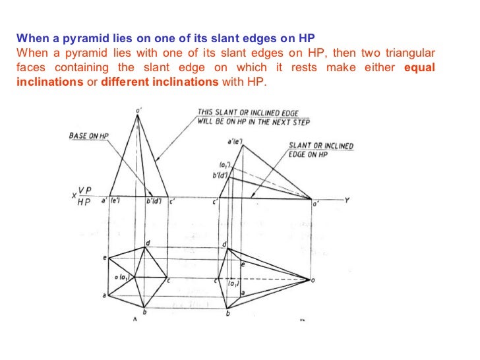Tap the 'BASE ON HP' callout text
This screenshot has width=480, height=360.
click(89, 136)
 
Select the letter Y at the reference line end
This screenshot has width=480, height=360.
click(347, 200)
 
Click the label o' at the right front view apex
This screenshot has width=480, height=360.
click(315, 204)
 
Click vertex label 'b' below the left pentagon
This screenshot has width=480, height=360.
click(144, 312)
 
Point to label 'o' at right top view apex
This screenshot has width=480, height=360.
click(313, 280)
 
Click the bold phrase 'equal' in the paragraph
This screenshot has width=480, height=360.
click(421, 69)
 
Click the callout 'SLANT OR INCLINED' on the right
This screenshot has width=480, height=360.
click(321, 146)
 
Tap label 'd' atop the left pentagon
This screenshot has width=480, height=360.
click(148, 243)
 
